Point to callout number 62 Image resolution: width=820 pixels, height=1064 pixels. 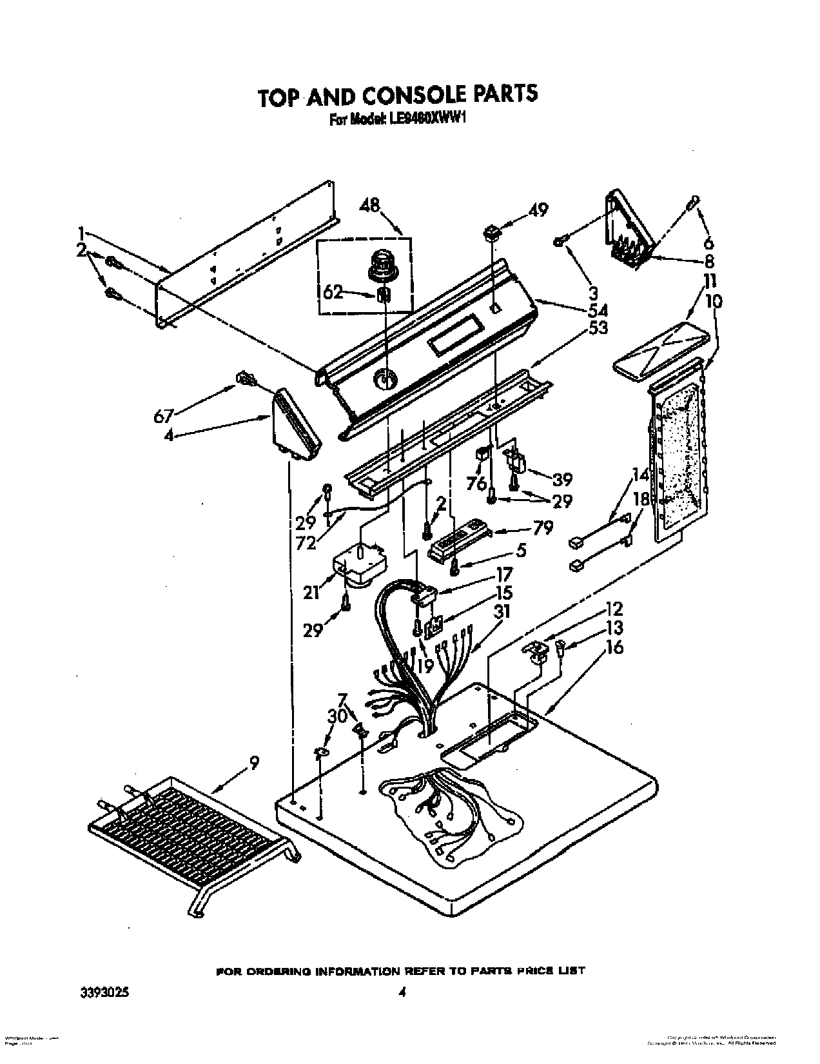(333, 294)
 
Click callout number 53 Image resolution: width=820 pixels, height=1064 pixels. (598, 328)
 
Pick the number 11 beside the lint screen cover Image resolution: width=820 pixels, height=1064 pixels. (709, 281)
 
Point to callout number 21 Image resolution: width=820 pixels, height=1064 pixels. (312, 591)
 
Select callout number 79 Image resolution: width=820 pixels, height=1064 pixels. (543, 528)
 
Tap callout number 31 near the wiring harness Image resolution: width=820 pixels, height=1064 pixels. (501, 611)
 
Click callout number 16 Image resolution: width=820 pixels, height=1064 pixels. (615, 647)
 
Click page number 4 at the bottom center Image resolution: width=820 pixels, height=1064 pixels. (402, 976)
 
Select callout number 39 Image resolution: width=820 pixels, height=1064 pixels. (562, 479)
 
